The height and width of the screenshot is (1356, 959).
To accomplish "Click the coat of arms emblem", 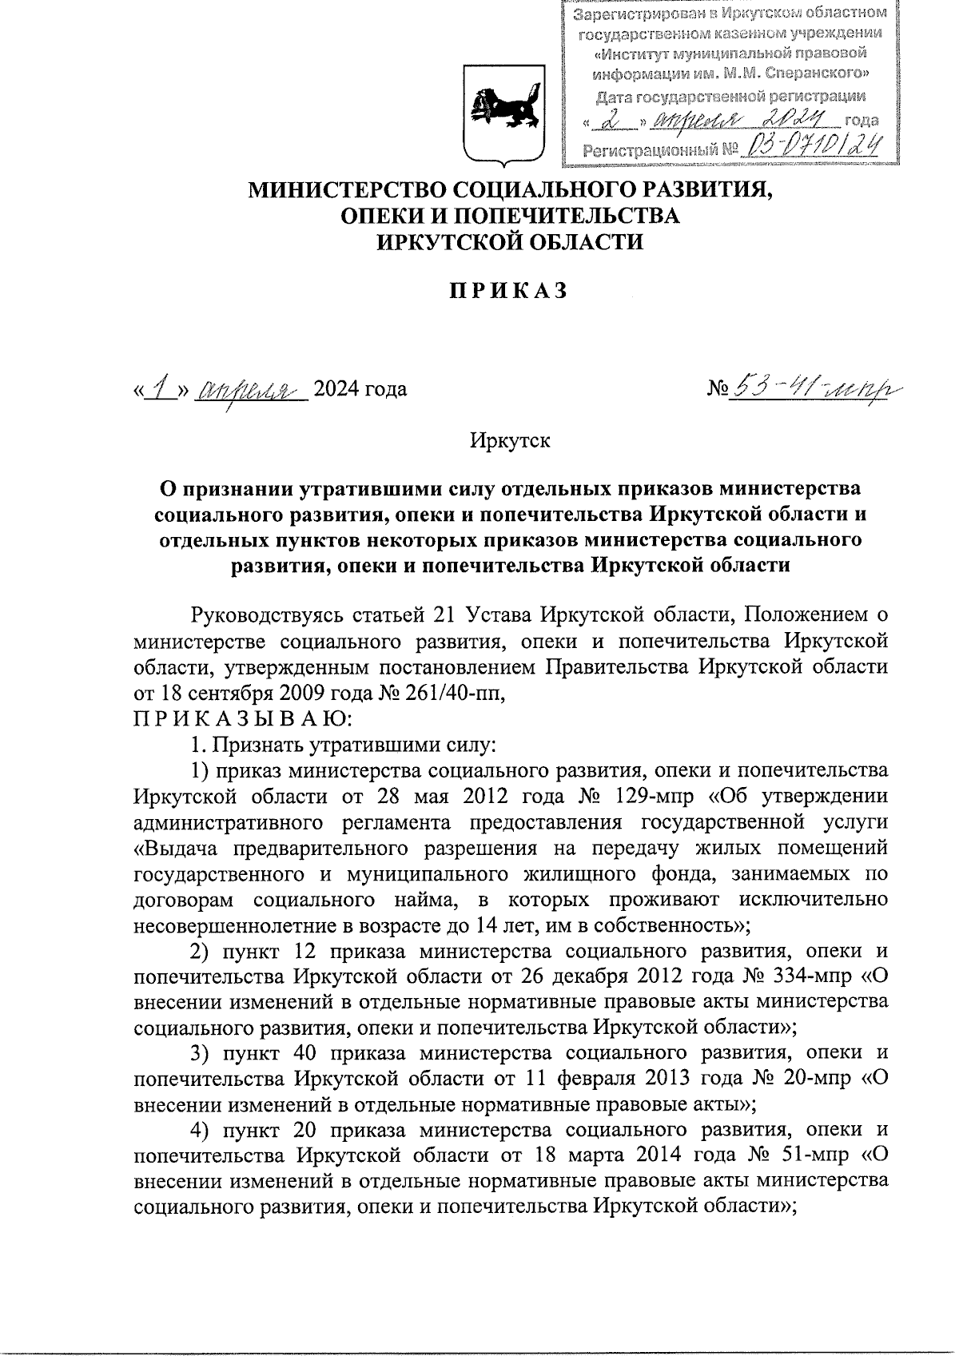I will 505,117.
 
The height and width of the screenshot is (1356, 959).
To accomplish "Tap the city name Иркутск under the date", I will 510,439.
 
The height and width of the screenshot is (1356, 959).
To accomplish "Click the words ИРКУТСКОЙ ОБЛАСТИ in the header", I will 510,242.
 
